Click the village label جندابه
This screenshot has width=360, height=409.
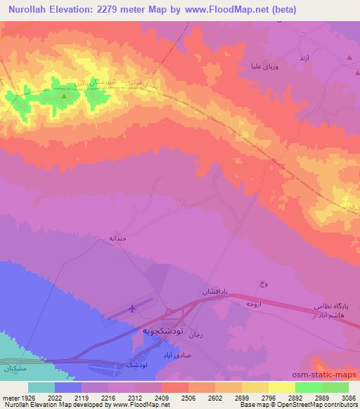117,239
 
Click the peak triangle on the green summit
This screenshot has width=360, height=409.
64,95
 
